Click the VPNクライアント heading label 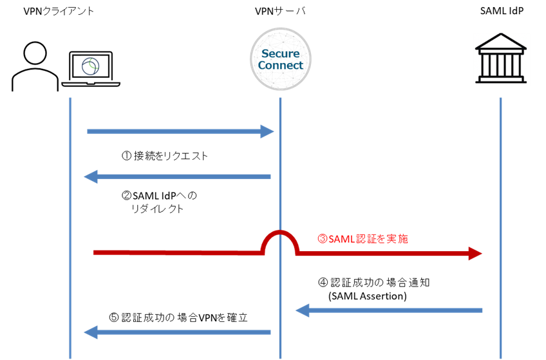click(59, 11)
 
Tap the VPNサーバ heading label click(280, 11)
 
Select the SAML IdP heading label click(502, 11)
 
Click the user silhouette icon click(35, 66)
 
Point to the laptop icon click(91, 69)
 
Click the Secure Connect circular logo click(281, 59)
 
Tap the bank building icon click(501, 58)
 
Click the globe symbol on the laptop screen click(91, 66)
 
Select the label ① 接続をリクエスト click(164, 156)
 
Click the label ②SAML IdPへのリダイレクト click(159, 202)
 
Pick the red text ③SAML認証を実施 click(362, 239)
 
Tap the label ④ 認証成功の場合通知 click(373, 282)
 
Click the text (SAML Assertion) click(368, 296)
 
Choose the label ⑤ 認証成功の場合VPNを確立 click(178, 317)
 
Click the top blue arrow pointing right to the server click(180, 131)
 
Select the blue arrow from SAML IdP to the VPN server click(389, 310)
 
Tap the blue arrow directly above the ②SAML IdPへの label click(177, 176)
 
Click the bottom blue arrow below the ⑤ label click(177, 332)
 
